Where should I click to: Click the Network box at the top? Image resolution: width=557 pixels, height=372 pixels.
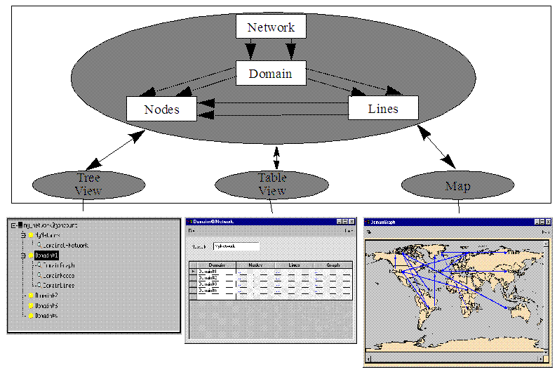tap(271, 27)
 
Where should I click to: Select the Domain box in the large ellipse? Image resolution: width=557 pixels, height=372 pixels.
tap(270, 73)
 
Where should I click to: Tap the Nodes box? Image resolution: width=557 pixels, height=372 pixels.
tap(161, 109)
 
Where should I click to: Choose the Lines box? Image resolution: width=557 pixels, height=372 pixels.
tap(383, 108)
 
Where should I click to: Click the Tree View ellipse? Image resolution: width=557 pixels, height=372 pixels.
tap(88, 184)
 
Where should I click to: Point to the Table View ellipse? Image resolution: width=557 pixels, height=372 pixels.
tap(271, 184)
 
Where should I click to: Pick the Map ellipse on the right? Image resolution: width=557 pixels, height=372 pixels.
tap(457, 185)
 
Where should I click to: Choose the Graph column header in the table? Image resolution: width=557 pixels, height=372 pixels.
tap(333, 265)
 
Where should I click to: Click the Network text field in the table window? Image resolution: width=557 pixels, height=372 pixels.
tap(236, 246)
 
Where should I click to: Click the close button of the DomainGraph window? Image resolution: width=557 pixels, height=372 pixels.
tap(546, 222)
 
